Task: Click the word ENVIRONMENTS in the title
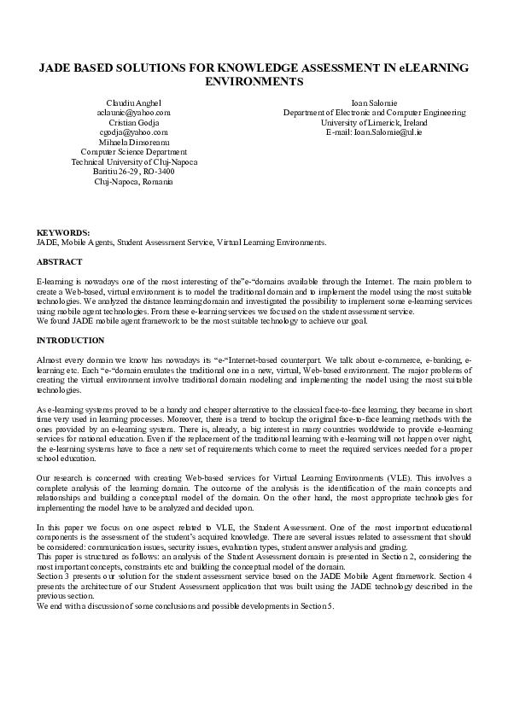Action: click(254, 82)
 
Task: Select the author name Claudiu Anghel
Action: click(133, 102)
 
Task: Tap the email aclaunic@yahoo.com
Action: click(133, 112)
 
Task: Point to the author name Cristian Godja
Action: click(133, 122)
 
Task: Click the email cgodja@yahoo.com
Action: click(133, 132)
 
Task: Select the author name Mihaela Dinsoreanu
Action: click(133, 142)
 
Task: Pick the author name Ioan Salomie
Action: click(375, 102)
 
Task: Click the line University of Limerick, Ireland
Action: click(375, 122)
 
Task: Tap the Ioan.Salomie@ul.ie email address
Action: click(375, 132)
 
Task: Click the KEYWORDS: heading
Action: click(62, 232)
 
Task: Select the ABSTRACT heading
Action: click(59, 260)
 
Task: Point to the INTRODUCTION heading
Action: click(70, 340)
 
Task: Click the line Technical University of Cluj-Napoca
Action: click(133, 161)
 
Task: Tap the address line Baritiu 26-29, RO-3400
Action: click(133, 172)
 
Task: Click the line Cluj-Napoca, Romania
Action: click(133, 182)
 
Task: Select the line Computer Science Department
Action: click(133, 152)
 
